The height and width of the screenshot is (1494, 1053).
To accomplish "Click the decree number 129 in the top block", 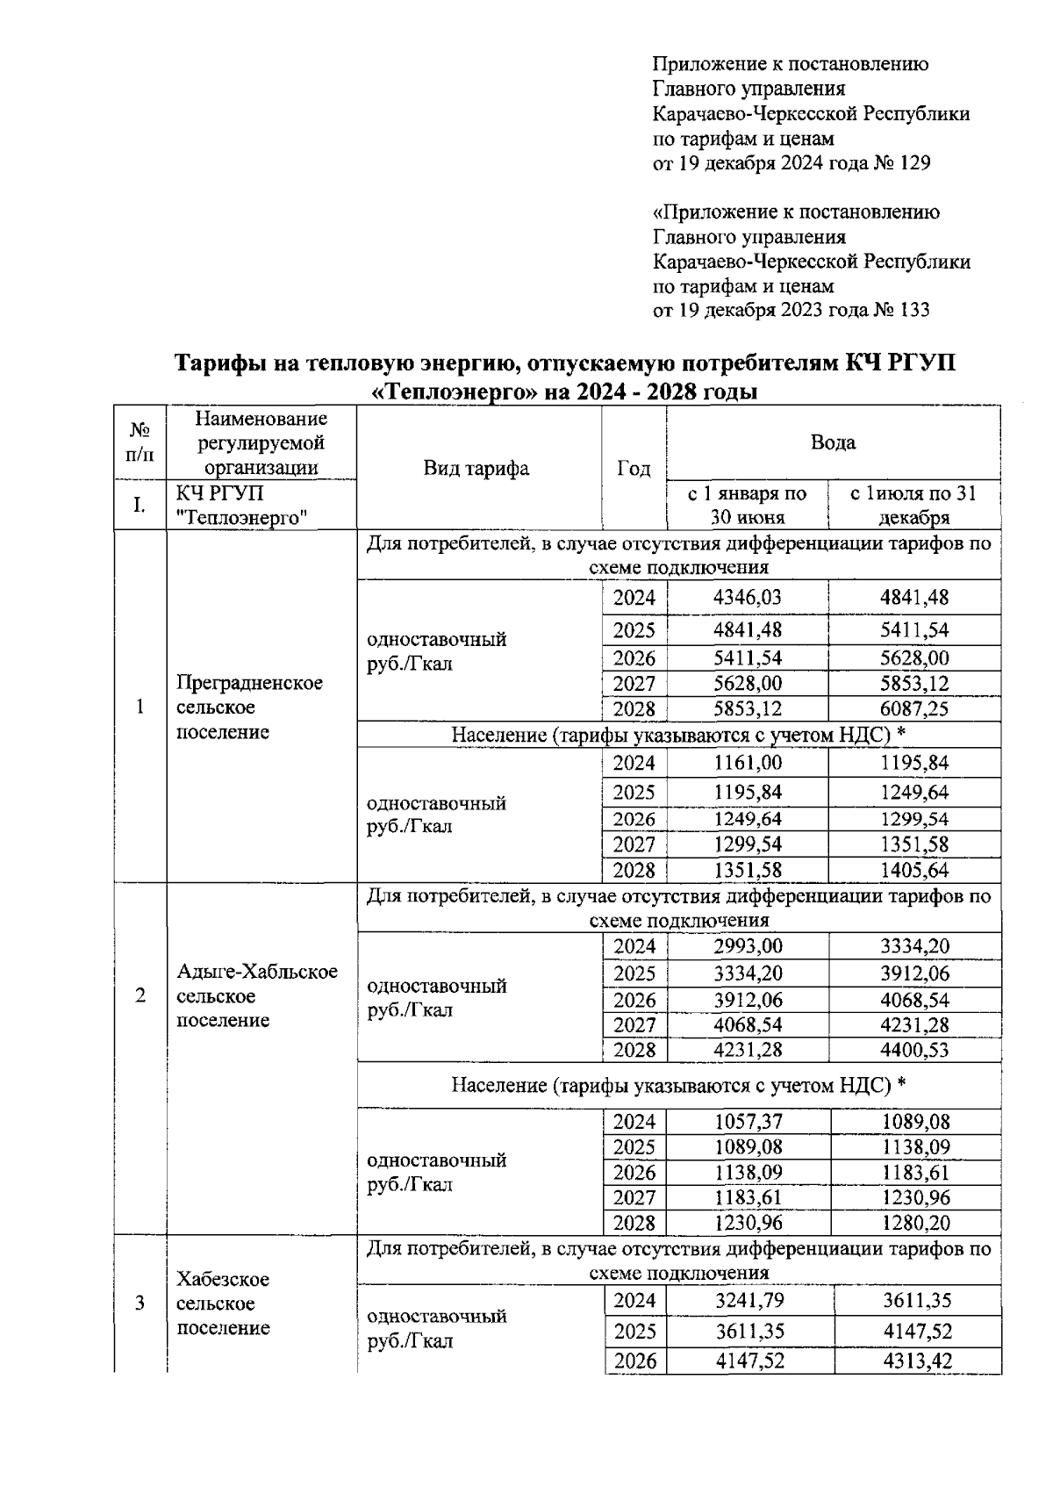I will click(912, 163).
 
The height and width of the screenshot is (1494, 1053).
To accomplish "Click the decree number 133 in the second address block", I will click(912, 311).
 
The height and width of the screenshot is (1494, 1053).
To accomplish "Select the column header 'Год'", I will click(634, 469).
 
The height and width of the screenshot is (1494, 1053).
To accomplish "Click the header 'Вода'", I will click(833, 442).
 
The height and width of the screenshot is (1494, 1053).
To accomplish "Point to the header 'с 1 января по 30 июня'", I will click(747, 506).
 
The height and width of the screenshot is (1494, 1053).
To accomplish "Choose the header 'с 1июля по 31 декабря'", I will click(913, 506).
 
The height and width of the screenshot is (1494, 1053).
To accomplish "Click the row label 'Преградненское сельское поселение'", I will click(249, 707).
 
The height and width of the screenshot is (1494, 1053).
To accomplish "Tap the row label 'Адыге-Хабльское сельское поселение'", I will click(256, 996).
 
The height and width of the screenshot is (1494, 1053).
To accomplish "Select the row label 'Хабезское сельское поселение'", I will click(223, 1304).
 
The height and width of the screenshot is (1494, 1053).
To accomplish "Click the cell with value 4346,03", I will click(747, 598).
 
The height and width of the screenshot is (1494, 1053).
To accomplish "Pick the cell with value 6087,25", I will click(914, 708).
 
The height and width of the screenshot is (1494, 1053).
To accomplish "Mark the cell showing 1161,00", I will click(747, 763).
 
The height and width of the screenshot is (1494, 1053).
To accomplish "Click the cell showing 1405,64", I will click(914, 871).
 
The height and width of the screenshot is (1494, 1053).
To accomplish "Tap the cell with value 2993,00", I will click(748, 946).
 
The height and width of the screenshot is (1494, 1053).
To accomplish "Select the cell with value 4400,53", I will click(914, 1050).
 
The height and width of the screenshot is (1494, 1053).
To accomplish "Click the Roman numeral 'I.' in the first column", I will click(139, 505).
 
